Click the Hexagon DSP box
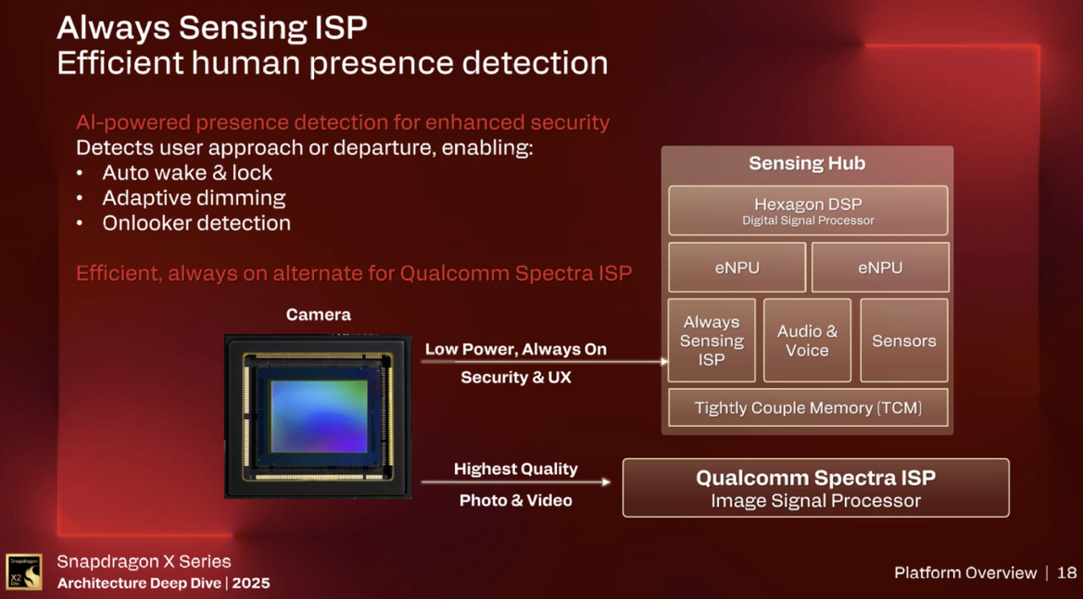808,210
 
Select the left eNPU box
737,268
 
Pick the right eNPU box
880,268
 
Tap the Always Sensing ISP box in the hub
712,341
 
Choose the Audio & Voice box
807,341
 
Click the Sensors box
903,341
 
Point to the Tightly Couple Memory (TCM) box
808,407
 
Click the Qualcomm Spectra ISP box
815,488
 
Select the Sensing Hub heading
807,164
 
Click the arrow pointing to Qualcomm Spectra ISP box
516,481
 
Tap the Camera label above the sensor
318,315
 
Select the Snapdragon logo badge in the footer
24,571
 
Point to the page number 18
1066,573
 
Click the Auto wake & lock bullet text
187,172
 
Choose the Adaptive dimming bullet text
194,197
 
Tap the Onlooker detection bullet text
196,223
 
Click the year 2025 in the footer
251,583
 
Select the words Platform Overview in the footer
965,573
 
